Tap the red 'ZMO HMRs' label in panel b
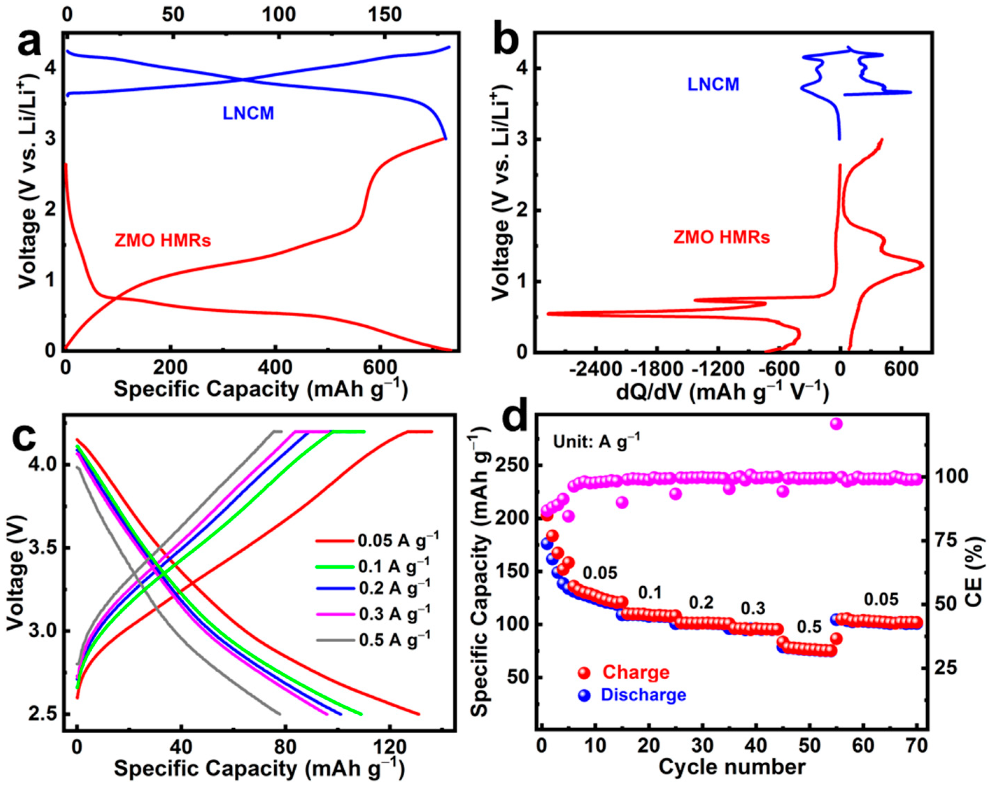tap(721, 238)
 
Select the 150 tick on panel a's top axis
tap(384, 15)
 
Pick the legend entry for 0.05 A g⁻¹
tap(377, 540)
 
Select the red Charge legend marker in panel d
tap(584, 673)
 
